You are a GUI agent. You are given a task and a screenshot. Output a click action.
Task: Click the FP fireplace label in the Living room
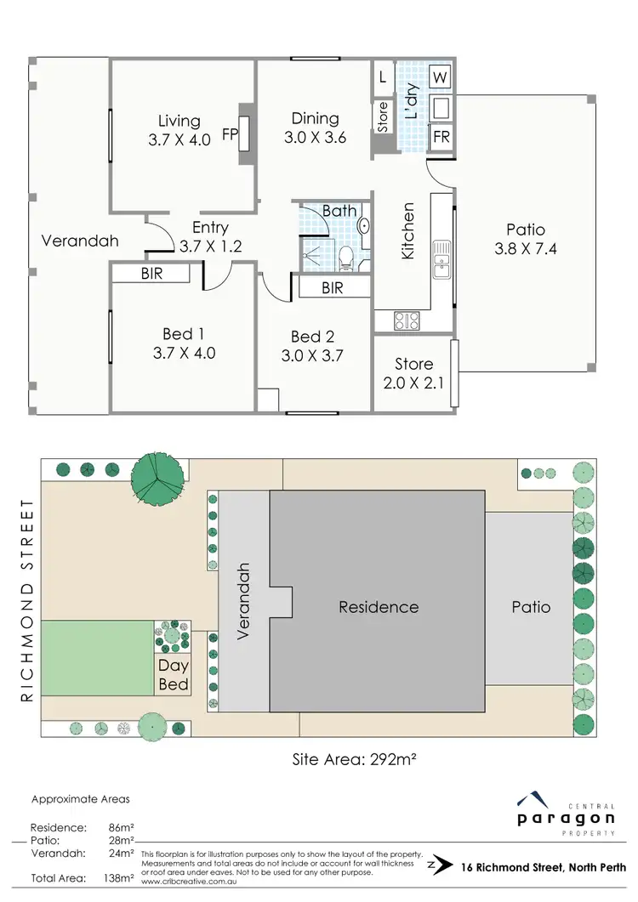[230, 134]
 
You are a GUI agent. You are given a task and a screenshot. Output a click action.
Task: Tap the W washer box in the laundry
[441, 78]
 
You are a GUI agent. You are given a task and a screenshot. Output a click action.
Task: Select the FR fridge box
[441, 137]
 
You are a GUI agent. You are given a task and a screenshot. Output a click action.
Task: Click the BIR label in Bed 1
[151, 274]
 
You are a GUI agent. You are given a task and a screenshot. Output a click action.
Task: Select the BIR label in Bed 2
[333, 288]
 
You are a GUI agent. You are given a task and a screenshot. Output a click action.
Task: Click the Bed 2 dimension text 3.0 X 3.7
[312, 355]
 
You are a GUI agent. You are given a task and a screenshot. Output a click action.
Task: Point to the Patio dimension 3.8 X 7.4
[526, 249]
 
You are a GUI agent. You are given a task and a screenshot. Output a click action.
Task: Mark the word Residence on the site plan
[379, 607]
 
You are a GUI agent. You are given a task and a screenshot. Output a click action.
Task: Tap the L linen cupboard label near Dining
[383, 77]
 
